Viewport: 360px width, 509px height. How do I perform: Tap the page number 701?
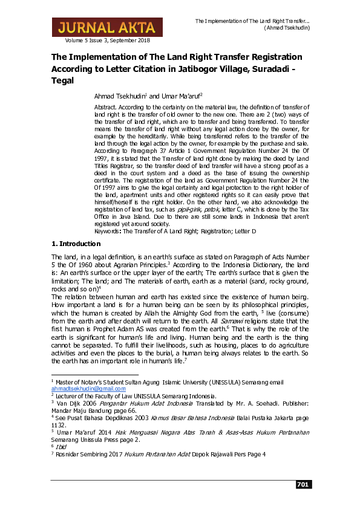point(302,485)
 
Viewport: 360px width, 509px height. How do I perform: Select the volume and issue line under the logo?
point(108,40)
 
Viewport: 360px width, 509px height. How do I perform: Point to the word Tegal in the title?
point(62,80)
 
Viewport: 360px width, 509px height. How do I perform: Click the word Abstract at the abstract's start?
point(106,107)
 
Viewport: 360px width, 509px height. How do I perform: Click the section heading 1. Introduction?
point(76,244)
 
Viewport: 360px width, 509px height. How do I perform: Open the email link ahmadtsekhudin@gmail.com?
point(82,389)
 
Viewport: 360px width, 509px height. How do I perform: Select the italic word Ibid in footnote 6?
point(62,447)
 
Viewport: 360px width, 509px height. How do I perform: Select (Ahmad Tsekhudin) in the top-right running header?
point(287,28)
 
